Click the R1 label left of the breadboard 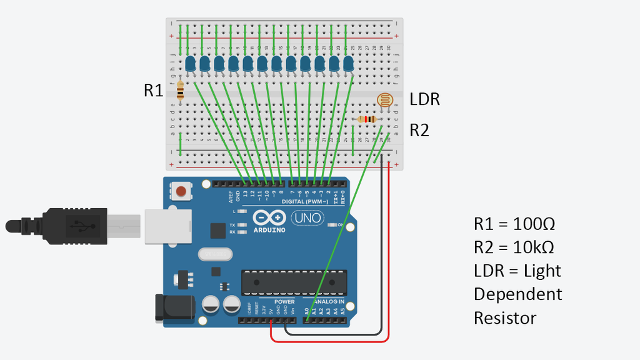153,91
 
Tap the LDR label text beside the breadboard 425,99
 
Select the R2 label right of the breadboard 419,130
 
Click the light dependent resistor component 386,100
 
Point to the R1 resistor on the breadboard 181,91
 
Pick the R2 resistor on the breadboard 367,119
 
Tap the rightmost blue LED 347,63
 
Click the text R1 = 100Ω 514,224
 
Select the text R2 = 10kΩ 514,247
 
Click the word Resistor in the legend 505,318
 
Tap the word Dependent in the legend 518,294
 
